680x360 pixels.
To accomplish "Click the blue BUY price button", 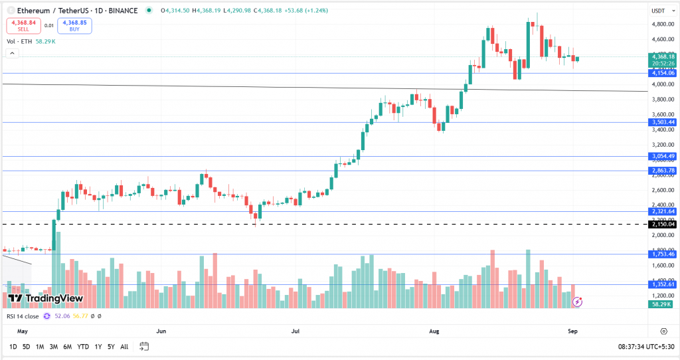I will pos(75,26).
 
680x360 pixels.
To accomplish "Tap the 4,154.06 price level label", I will pos(662,73).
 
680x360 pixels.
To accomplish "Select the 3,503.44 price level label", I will pos(662,122).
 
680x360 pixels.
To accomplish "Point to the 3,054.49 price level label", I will pos(662,156).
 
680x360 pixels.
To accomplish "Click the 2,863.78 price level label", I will pos(662,171).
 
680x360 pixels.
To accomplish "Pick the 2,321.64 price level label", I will pos(662,211).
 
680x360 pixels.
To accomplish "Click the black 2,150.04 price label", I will pos(662,225).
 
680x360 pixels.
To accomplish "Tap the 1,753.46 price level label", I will pos(662,254).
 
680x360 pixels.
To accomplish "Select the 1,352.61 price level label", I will pos(662,284).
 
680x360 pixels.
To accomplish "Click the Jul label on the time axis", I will pos(295,331).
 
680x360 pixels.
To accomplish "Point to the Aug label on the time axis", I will pos(435,331).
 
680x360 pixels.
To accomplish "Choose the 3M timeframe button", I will pos(54,347).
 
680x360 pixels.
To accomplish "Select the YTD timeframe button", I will pos(83,347).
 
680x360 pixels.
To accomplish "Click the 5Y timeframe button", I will pos(111,347).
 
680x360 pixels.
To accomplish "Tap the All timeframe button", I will pos(124,347).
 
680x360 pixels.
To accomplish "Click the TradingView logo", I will pos(45,299).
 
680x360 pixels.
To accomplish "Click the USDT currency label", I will pos(658,11).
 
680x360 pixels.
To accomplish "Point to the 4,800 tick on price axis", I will pos(659,25).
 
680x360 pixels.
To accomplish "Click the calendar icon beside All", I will pos(144,347).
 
